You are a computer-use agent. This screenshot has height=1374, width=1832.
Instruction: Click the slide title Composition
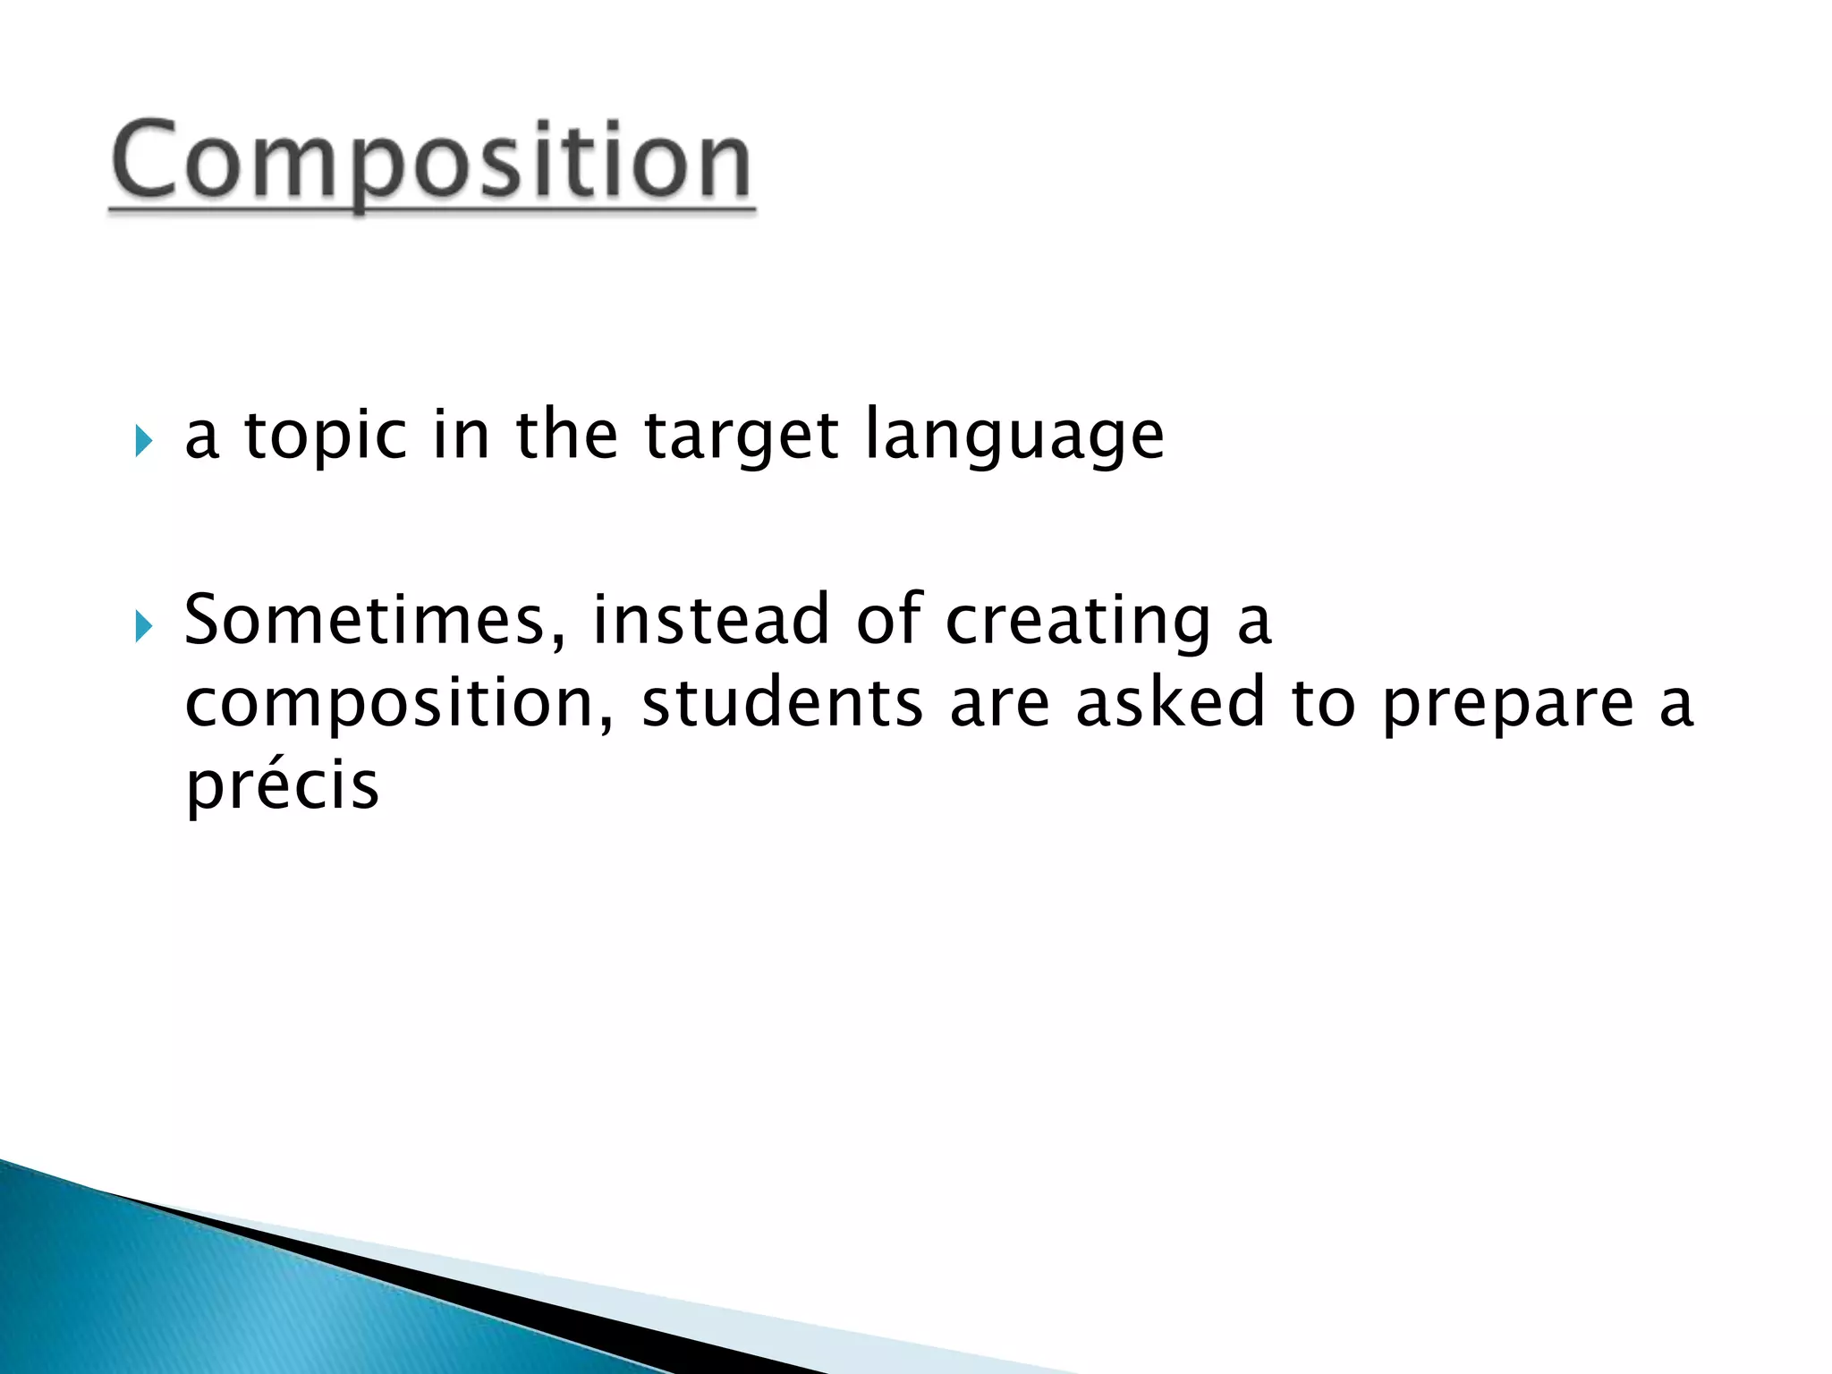(x=431, y=161)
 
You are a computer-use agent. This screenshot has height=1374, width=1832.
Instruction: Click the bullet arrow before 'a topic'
(x=144, y=440)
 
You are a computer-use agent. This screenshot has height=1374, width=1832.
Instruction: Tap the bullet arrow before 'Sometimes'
(x=144, y=626)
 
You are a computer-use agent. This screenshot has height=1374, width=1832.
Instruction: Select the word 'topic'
(x=326, y=437)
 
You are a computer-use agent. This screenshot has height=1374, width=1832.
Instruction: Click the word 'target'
(x=742, y=437)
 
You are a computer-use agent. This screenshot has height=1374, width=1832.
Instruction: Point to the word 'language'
(x=1014, y=437)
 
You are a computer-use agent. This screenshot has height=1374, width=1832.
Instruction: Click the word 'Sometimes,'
(x=375, y=620)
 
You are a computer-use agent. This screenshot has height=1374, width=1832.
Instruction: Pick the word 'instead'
(x=710, y=620)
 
